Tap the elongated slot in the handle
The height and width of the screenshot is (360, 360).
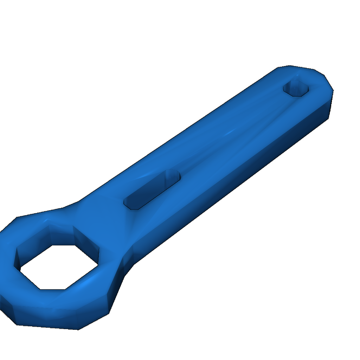click(x=152, y=190)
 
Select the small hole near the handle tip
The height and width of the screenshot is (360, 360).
click(x=296, y=88)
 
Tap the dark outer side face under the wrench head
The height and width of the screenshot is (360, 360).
click(x=46, y=318)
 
